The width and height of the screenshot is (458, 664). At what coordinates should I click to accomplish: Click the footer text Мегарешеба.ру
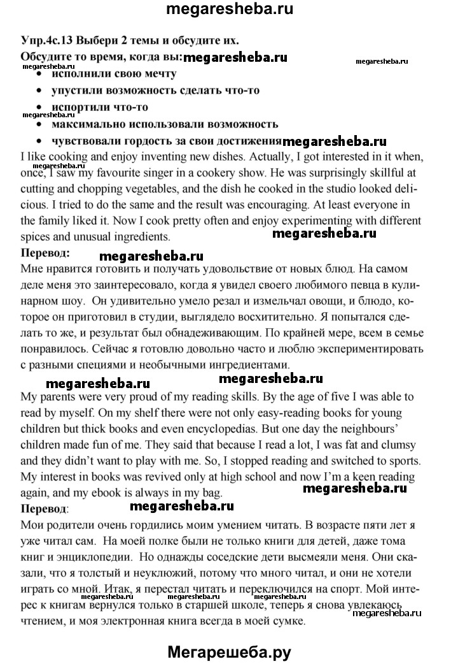(x=229, y=649)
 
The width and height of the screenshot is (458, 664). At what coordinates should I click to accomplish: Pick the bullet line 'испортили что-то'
(x=92, y=106)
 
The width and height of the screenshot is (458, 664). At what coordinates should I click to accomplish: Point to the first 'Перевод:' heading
(x=44, y=253)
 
